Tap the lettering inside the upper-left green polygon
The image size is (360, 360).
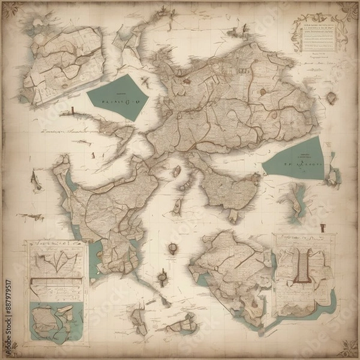click(x=117, y=101)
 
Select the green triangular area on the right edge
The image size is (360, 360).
click(x=296, y=158)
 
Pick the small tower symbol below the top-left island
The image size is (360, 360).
click(x=71, y=110)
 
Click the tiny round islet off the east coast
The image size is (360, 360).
click(x=331, y=98)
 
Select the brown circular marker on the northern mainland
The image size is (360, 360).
click(x=262, y=92)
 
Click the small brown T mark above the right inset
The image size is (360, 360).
click(x=323, y=227)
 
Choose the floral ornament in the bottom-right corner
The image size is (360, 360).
click(x=346, y=346)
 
